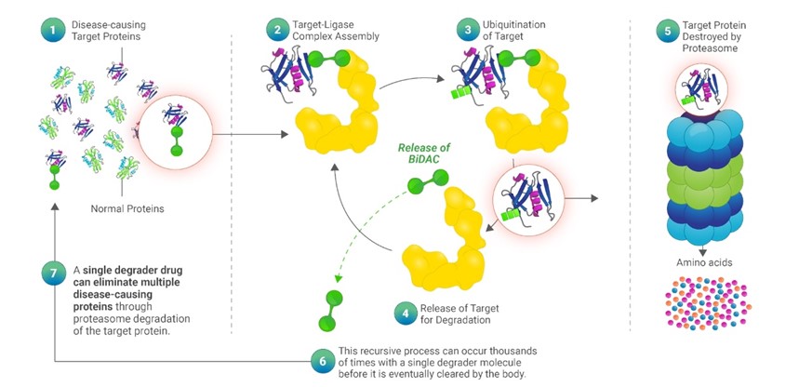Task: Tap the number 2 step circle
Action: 276,31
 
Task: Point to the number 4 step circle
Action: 404,314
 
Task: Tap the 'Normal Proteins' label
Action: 127,208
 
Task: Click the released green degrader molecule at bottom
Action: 329,311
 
